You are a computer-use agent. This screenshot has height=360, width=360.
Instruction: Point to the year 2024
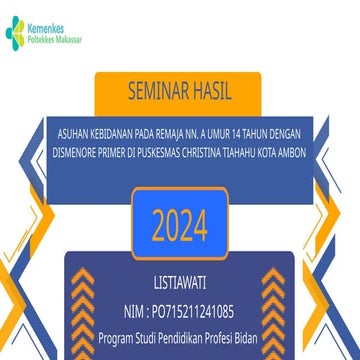tap(180, 226)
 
